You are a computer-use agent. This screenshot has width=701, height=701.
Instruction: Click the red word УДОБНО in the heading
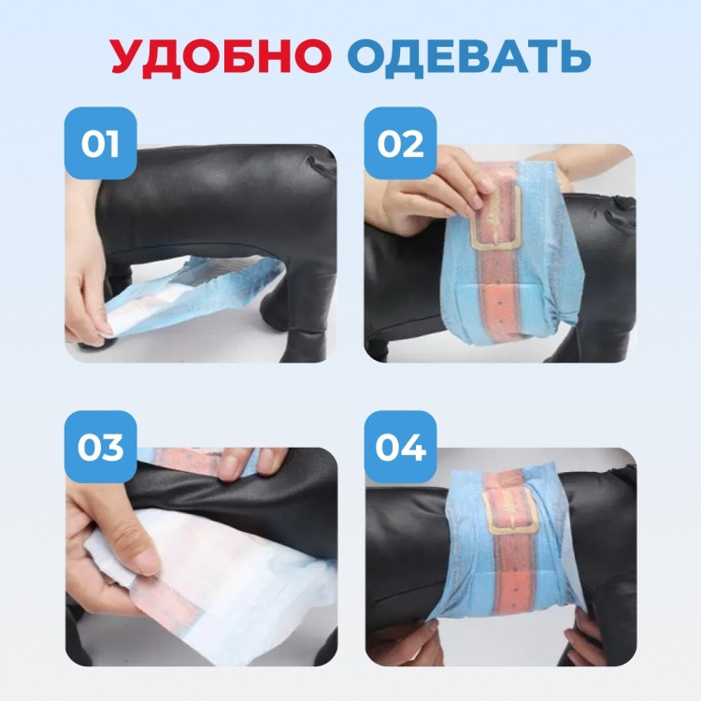coord(221,56)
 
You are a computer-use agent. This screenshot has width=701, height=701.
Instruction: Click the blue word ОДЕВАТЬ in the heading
coord(469,56)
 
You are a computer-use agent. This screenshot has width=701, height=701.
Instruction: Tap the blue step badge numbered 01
coord(101,143)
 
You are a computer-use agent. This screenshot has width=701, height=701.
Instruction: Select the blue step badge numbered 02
coord(400,143)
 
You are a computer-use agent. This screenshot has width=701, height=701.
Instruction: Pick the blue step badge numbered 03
coord(101,447)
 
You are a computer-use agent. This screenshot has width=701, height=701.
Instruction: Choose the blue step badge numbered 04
coord(400,447)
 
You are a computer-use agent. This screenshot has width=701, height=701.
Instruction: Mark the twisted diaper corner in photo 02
coord(565,314)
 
